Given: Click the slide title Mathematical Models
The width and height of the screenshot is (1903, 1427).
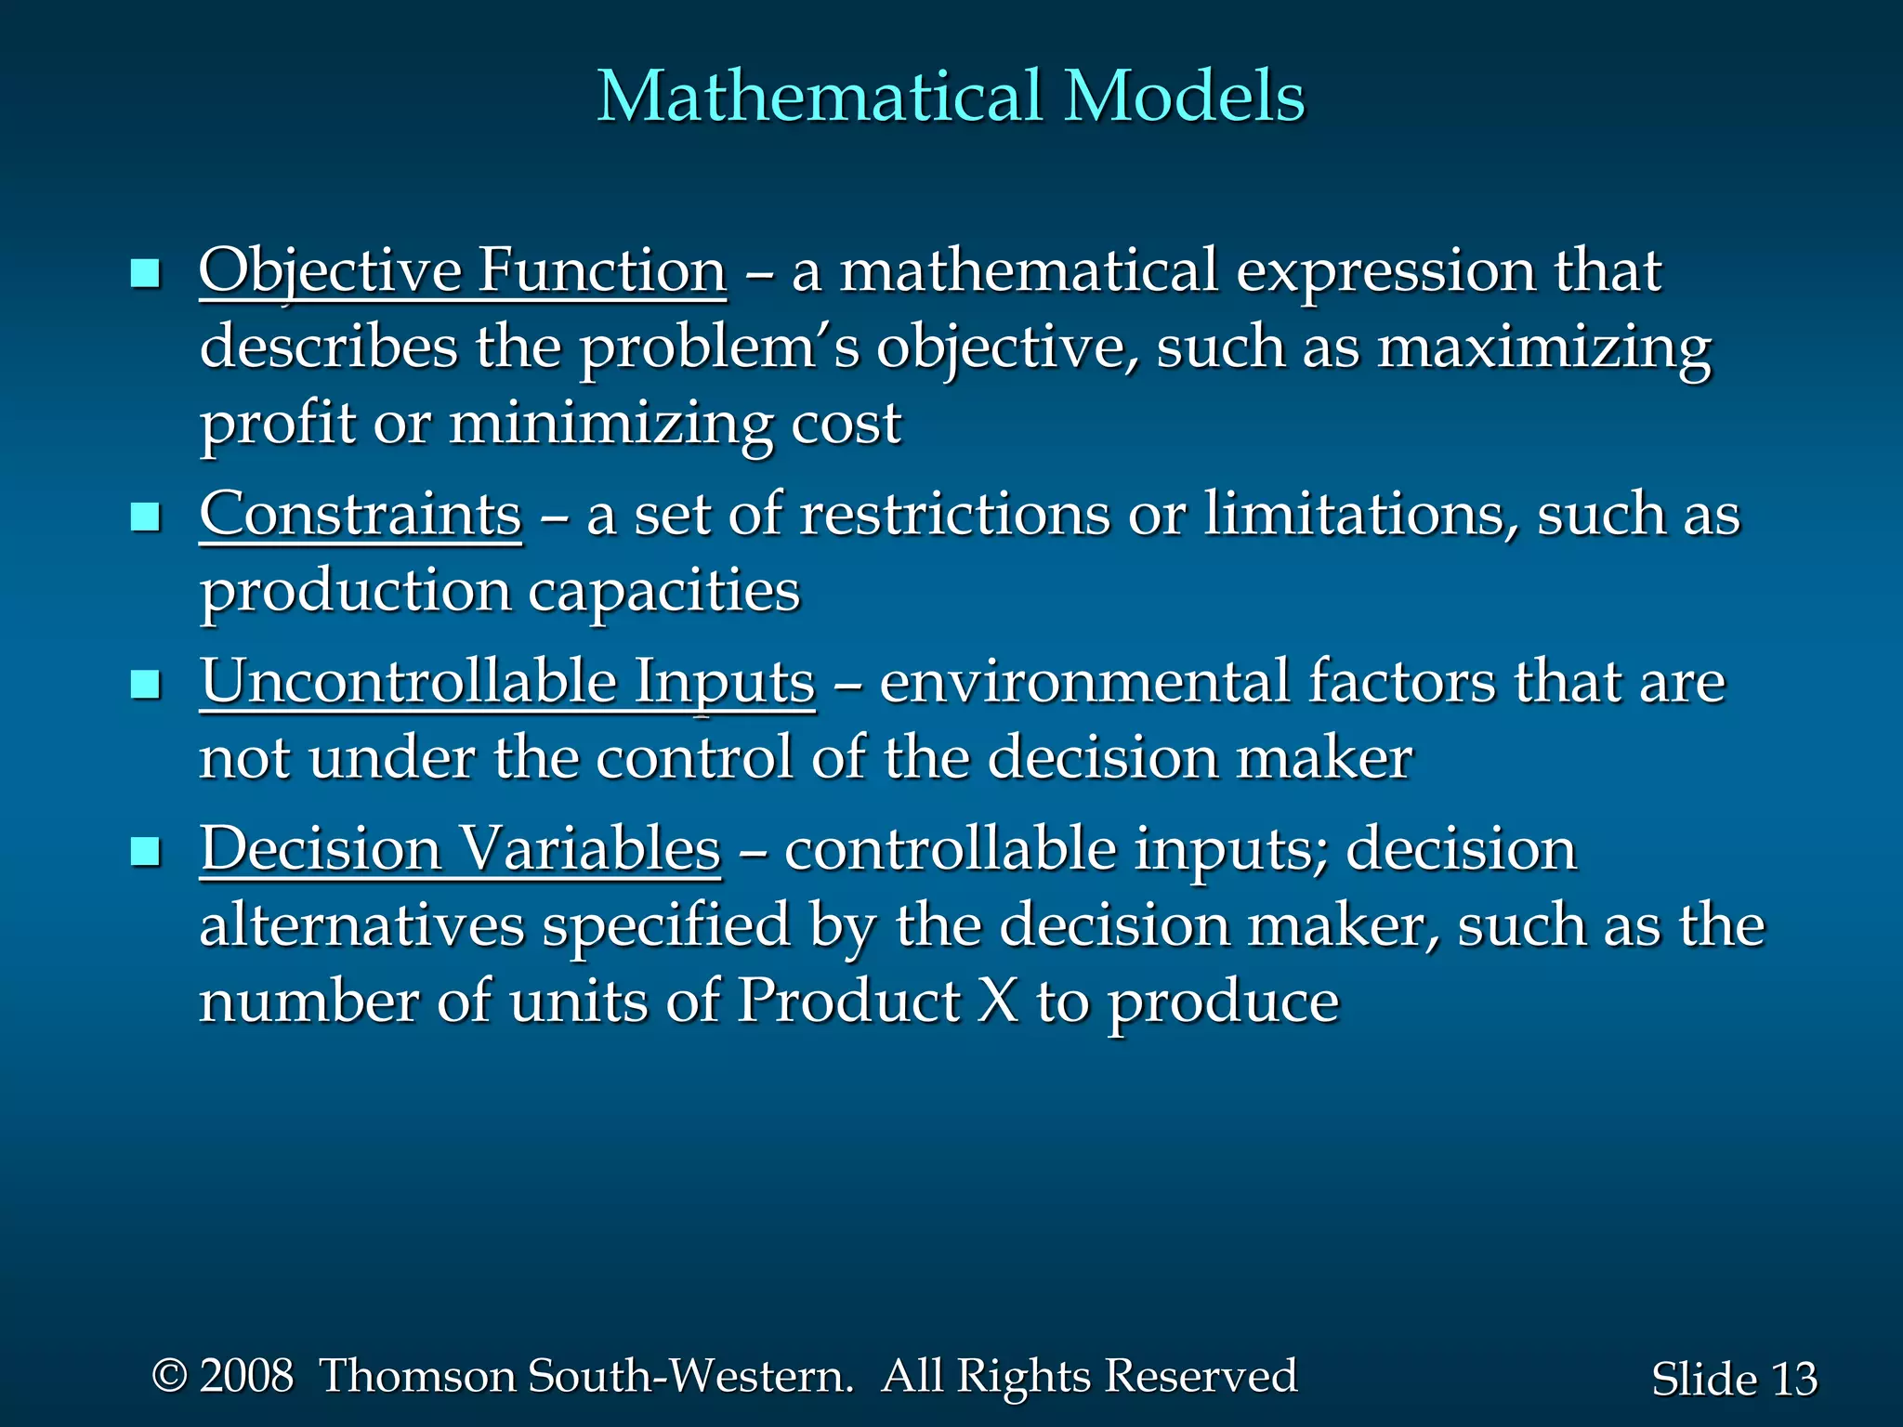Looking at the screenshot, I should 950,96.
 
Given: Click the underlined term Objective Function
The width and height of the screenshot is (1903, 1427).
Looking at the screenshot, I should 462,271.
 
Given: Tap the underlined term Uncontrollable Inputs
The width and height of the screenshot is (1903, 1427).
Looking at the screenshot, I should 507,682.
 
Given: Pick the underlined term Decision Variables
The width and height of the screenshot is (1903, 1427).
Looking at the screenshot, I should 460,849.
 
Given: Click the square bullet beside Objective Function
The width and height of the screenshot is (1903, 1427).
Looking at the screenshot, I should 146,274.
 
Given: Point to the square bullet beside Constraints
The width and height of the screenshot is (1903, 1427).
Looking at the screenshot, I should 146,517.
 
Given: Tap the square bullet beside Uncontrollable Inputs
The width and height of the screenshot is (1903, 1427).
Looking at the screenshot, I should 146,685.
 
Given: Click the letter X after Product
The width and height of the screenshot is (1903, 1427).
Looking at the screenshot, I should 998,1002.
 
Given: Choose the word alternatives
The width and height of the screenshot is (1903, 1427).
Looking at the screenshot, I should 362,925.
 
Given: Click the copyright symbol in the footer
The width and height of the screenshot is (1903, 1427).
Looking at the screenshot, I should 169,1375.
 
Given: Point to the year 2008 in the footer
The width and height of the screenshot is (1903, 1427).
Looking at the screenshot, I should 246,1376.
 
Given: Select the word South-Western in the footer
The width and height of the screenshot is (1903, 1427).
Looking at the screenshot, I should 689,1376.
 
